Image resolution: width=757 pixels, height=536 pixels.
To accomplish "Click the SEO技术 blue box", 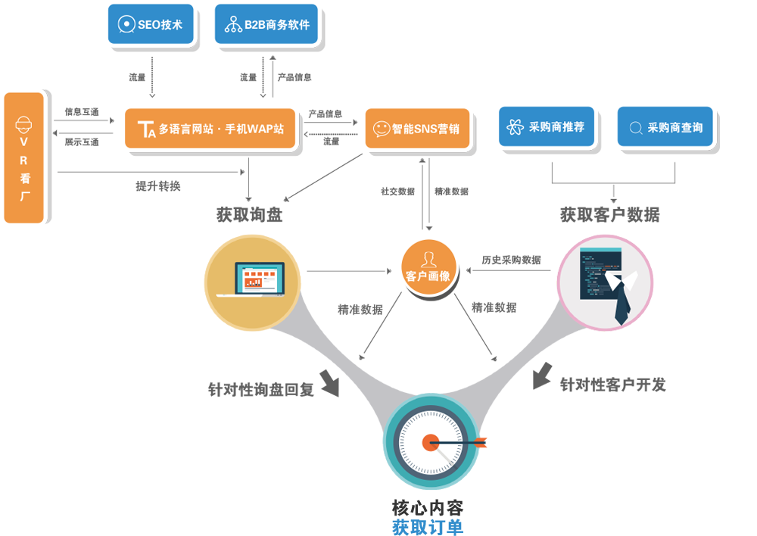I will tap(151, 24).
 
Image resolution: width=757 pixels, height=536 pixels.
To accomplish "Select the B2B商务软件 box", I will tap(267, 24).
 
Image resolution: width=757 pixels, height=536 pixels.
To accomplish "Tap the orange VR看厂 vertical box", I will tap(24, 157).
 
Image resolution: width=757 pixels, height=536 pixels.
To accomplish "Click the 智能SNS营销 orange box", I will tap(416, 129).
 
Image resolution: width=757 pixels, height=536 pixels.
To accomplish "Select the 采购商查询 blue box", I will tap(665, 127).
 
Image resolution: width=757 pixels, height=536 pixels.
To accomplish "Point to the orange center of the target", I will tap(430, 442).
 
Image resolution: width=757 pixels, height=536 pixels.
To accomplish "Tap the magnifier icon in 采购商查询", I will tap(636, 128).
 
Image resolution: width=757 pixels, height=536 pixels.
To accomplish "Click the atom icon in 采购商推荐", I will tap(516, 127).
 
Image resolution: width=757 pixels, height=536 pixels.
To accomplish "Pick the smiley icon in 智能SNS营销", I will tap(381, 129).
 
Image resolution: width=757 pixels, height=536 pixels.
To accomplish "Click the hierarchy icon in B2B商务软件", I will tap(232, 25).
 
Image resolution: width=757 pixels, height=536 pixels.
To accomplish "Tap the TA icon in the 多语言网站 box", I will tap(143, 129).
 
